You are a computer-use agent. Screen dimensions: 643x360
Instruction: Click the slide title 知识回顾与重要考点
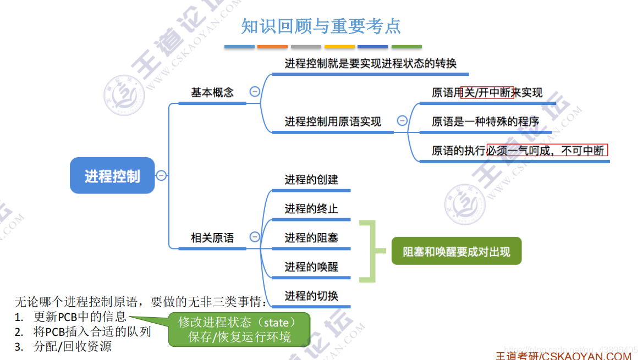[x=321, y=26]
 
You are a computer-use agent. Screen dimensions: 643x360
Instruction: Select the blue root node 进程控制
[x=112, y=176]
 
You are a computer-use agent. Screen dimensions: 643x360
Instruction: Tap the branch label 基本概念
[x=212, y=92]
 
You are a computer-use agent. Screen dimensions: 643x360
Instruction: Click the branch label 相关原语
[x=212, y=238]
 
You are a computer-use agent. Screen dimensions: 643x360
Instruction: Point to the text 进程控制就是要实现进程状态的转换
[x=370, y=64]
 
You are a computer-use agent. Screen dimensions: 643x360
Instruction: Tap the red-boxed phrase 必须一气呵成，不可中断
[x=547, y=151]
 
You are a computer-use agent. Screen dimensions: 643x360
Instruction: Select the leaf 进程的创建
[x=311, y=180]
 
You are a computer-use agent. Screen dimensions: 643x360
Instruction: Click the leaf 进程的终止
[x=311, y=209]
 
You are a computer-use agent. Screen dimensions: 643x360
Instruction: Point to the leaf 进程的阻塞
[x=311, y=238]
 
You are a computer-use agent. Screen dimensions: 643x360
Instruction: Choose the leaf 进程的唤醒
[x=311, y=267]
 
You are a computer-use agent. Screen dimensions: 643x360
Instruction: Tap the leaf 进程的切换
[x=311, y=296]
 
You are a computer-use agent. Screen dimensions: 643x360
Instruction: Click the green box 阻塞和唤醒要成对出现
[x=456, y=252]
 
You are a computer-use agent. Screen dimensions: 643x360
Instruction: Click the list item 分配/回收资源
[x=73, y=347]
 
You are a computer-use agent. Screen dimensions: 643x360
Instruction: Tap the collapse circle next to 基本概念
[x=255, y=92]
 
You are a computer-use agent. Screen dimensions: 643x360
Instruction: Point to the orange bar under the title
[x=272, y=47]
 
